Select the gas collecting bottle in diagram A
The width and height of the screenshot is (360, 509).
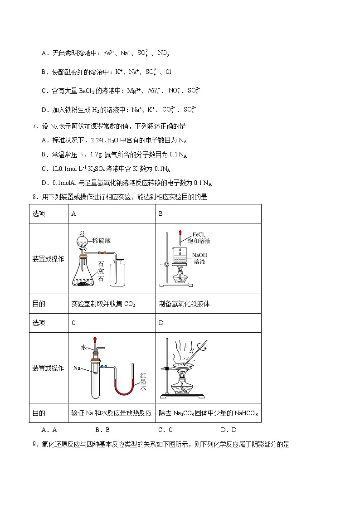(119, 272)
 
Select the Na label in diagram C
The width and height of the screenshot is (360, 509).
(77, 368)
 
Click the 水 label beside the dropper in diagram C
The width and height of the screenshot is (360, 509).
(84, 347)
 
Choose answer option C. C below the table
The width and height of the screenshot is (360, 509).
(165, 430)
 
